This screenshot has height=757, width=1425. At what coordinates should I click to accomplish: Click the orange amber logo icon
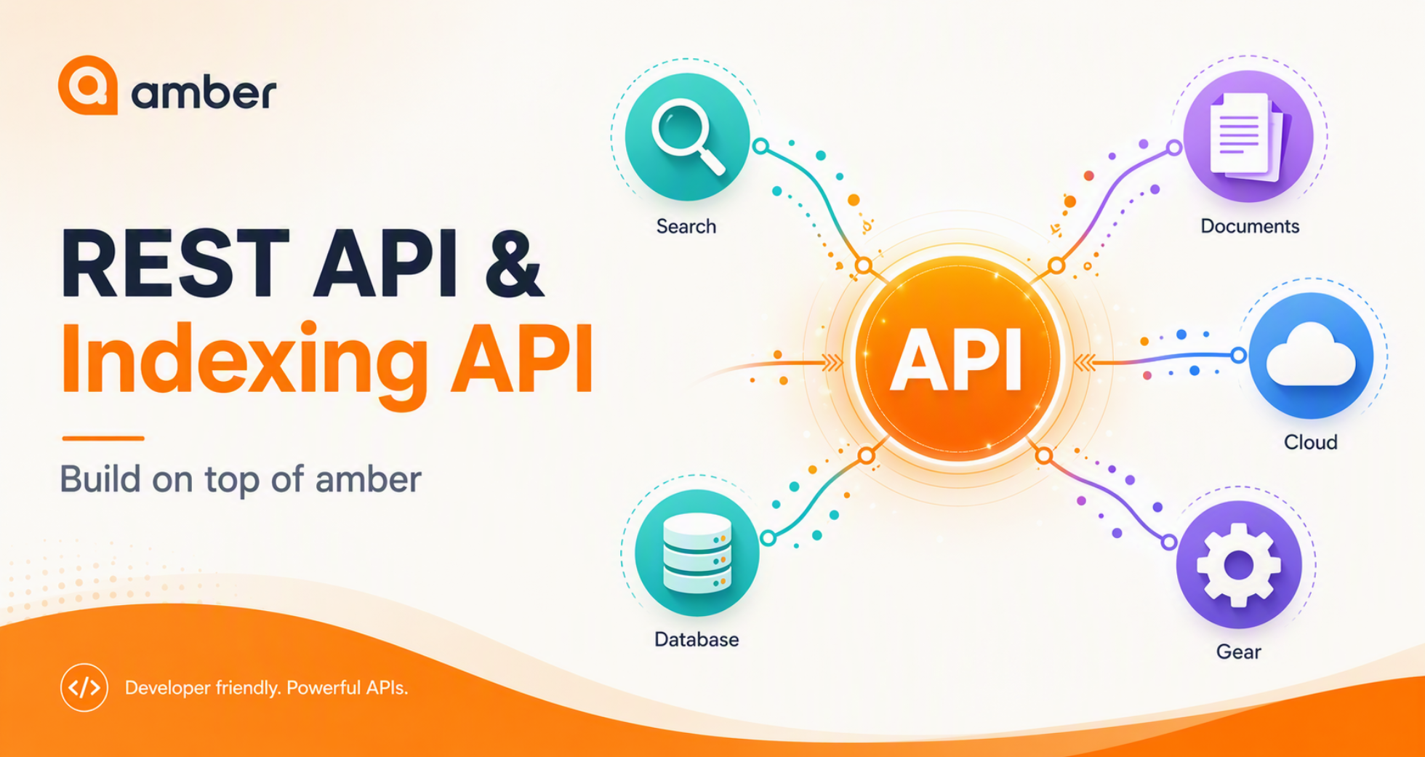88,85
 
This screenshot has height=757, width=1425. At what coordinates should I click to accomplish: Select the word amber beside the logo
204,93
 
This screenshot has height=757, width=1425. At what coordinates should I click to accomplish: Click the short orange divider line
103,438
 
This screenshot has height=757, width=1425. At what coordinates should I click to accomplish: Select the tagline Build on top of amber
241,479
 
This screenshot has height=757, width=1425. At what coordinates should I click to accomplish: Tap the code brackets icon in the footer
84,687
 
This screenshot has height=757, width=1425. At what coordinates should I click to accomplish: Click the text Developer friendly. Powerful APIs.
266,688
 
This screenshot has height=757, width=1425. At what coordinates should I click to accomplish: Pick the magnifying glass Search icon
688,136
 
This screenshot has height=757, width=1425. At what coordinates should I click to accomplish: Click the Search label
686,227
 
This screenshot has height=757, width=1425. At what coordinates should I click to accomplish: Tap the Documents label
1250,226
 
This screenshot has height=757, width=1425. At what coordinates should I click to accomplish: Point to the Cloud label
1310,442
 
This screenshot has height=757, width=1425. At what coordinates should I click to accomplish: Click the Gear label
1239,652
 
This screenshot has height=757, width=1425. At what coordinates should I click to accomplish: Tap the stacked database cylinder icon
697,554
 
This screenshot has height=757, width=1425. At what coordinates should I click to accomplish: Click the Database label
697,639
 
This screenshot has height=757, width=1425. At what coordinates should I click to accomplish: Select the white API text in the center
958,361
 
